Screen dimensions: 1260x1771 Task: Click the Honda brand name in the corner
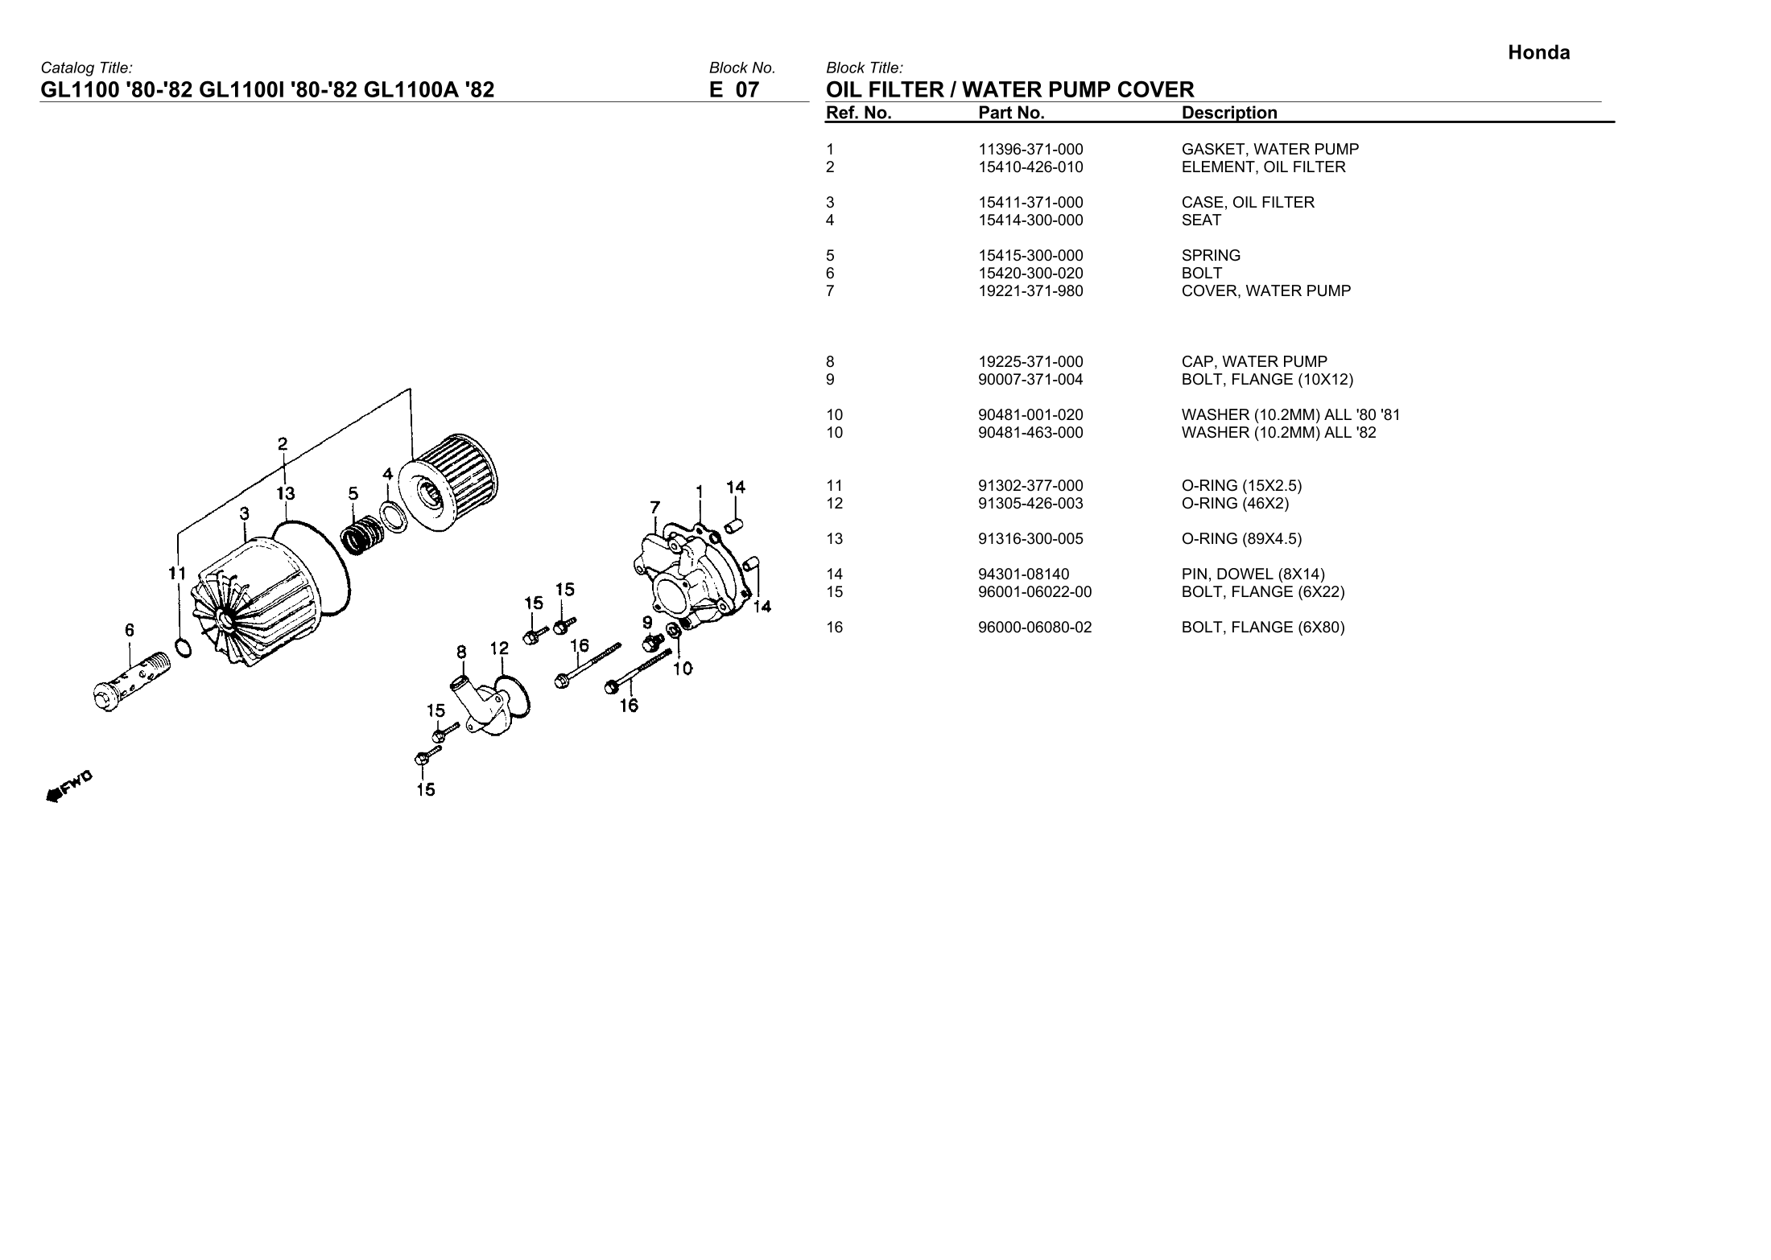click(1538, 53)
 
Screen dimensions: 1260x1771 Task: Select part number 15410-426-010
click(1030, 167)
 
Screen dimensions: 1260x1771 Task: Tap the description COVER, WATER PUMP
click(1265, 291)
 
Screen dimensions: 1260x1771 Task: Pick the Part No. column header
click(1011, 113)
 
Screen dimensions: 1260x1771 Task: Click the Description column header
click(1228, 113)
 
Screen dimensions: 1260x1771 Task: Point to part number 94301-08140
click(1023, 574)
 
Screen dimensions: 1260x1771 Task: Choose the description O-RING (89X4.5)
click(1241, 539)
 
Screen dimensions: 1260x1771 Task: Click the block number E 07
click(733, 89)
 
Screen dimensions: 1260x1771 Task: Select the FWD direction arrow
click(68, 787)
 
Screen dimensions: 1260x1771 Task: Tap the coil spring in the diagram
click(360, 533)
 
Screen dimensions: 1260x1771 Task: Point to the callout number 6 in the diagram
click(130, 631)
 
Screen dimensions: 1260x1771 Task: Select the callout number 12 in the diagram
click(499, 649)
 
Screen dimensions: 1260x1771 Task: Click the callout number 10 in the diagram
click(683, 668)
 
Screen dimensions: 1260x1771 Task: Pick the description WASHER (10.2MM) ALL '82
click(1278, 433)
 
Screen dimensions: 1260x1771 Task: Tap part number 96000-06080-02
click(1034, 628)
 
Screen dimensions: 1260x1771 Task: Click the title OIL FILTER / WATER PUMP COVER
click(1009, 89)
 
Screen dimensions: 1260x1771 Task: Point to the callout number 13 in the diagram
click(285, 493)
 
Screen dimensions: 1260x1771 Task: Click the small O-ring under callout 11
click(183, 647)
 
